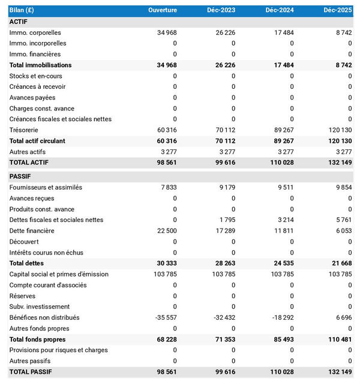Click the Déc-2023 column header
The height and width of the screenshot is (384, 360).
coord(221,10)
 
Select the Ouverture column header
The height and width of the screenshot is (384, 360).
coord(163,10)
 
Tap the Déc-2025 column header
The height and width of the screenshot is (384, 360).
coord(337,10)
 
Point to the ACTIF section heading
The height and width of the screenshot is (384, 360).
coord(19,22)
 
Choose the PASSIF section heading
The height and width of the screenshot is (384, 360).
coord(20,176)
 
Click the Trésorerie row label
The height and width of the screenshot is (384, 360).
coord(25,130)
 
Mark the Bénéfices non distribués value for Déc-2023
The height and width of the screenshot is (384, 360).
coord(223,317)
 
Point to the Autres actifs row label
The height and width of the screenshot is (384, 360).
coord(28,152)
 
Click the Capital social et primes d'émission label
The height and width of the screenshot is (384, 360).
coord(59,274)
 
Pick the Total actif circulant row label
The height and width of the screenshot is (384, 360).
coord(46,141)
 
